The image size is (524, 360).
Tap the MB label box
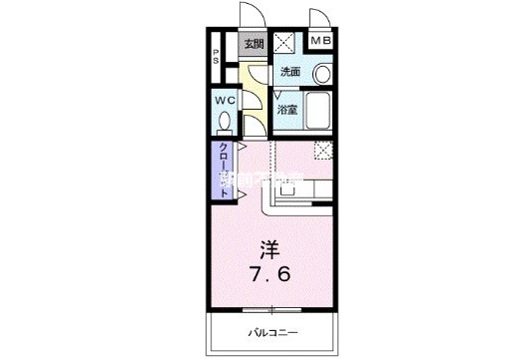click(x=321, y=41)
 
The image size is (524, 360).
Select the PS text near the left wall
click(x=215, y=57)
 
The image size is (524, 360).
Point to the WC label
click(x=223, y=100)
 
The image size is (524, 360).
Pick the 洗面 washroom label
click(x=289, y=72)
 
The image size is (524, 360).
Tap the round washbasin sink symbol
click(x=322, y=74)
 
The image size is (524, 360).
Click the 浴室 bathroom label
click(x=286, y=110)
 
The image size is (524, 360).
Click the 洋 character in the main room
click(x=270, y=245)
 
